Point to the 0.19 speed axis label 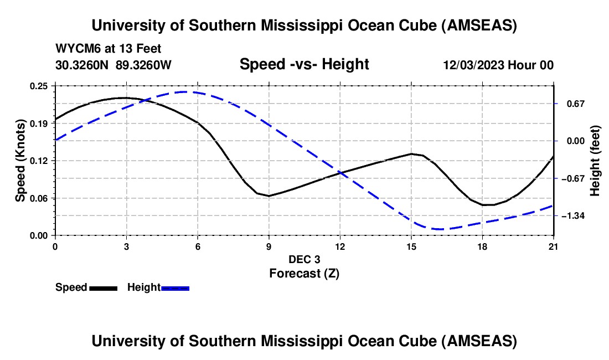click(41, 123)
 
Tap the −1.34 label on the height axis click(573, 215)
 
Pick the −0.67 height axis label click(573, 178)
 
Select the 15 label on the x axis click(411, 246)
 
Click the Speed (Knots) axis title click(20, 160)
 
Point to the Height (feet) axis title click(595, 161)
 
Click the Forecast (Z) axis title click(304, 273)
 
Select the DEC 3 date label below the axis click(304, 259)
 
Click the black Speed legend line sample click(103, 287)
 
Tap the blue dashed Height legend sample click(176, 287)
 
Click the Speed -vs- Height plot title click(304, 64)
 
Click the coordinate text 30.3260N click(82, 65)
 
